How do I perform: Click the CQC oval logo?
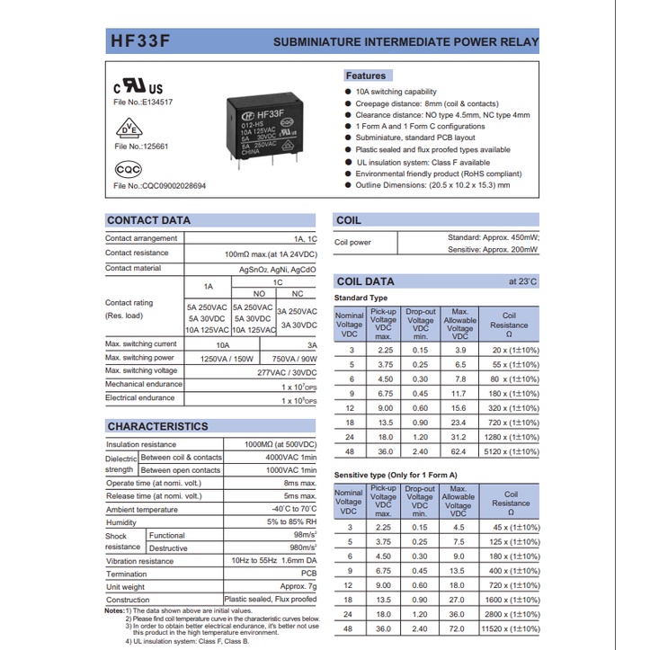(129, 168)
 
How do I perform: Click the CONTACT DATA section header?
(149, 220)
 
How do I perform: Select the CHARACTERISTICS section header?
(157, 426)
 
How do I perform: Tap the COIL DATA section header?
(365, 281)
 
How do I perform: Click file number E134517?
(142, 102)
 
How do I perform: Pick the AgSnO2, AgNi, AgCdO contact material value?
(277, 268)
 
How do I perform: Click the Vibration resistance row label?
(139, 561)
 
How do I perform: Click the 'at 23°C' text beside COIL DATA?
(522, 281)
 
